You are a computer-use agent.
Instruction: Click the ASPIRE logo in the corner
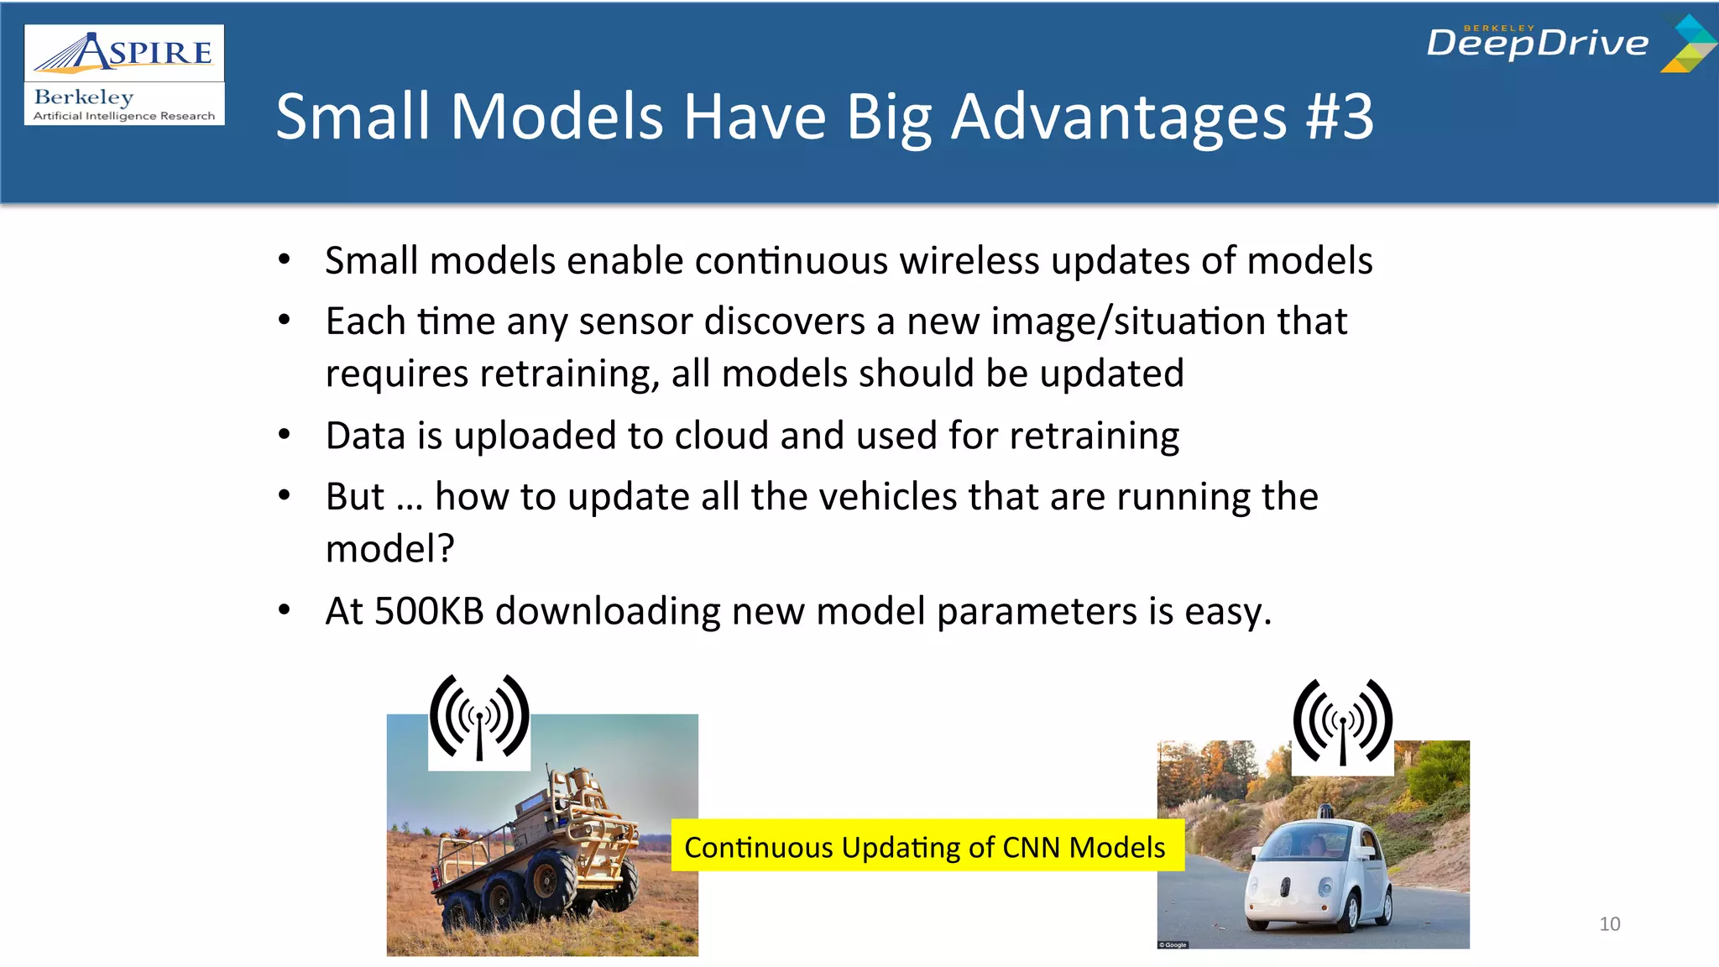pyautogui.click(x=124, y=53)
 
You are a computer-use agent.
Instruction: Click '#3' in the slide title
pyautogui.click(x=1340, y=117)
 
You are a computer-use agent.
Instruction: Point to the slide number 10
pyautogui.click(x=1609, y=924)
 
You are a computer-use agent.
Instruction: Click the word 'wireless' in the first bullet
pyautogui.click(x=969, y=261)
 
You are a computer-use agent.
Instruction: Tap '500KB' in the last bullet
pyautogui.click(x=429, y=611)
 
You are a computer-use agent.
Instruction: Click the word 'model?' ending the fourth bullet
pyautogui.click(x=389, y=549)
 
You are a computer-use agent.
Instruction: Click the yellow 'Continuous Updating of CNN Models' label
pyautogui.click(x=925, y=847)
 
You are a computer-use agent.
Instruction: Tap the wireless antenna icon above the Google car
pyautogui.click(x=1342, y=724)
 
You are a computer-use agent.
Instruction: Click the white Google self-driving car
pyautogui.click(x=1318, y=873)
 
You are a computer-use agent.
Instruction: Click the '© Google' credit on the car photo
pyautogui.click(x=1173, y=944)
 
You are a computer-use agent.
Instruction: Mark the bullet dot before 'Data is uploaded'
pyautogui.click(x=285, y=435)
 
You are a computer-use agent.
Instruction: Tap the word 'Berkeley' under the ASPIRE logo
pyautogui.click(x=84, y=97)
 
